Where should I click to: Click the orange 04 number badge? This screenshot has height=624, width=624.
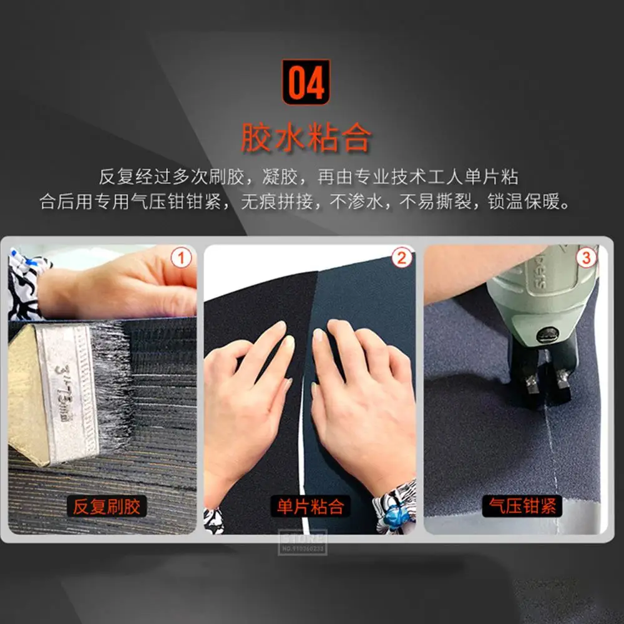(x=306, y=82)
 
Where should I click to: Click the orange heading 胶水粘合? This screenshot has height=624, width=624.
(x=306, y=138)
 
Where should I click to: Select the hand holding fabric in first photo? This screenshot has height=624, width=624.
(x=125, y=287)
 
